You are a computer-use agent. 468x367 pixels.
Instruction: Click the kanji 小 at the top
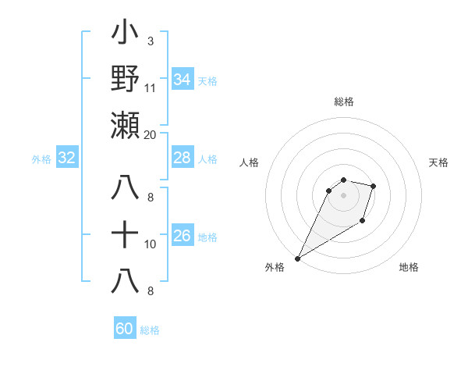pyautogui.click(x=126, y=34)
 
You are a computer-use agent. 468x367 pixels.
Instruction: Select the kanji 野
pyautogui.click(x=126, y=80)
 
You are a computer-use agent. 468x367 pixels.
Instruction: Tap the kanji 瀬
pyautogui.click(x=126, y=125)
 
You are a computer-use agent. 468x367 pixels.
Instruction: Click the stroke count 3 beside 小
pyautogui.click(x=150, y=41)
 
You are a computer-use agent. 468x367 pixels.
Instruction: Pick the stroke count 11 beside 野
pyautogui.click(x=151, y=87)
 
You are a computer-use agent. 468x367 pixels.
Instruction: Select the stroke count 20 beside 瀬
pyautogui.click(x=151, y=134)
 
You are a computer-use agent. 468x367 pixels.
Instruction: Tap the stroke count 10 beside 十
pyautogui.click(x=151, y=244)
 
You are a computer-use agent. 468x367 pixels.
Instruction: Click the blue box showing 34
pyautogui.click(x=183, y=80)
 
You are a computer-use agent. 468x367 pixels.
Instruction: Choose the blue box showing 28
pyautogui.click(x=183, y=158)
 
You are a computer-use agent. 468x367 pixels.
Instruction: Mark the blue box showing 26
pyautogui.click(x=183, y=236)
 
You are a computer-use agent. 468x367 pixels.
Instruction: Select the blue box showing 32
pyautogui.click(x=66, y=158)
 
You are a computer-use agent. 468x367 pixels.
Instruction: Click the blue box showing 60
pyautogui.click(x=125, y=329)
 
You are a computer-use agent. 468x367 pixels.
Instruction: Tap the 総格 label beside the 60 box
pyautogui.click(x=150, y=330)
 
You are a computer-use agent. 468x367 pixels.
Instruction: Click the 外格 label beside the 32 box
pyautogui.click(x=41, y=159)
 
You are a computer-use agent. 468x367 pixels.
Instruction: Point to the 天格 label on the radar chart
pyautogui.click(x=438, y=162)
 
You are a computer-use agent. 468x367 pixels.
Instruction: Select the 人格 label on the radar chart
pyautogui.click(x=249, y=162)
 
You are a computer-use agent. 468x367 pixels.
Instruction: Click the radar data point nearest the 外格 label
pyautogui.click(x=297, y=258)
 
